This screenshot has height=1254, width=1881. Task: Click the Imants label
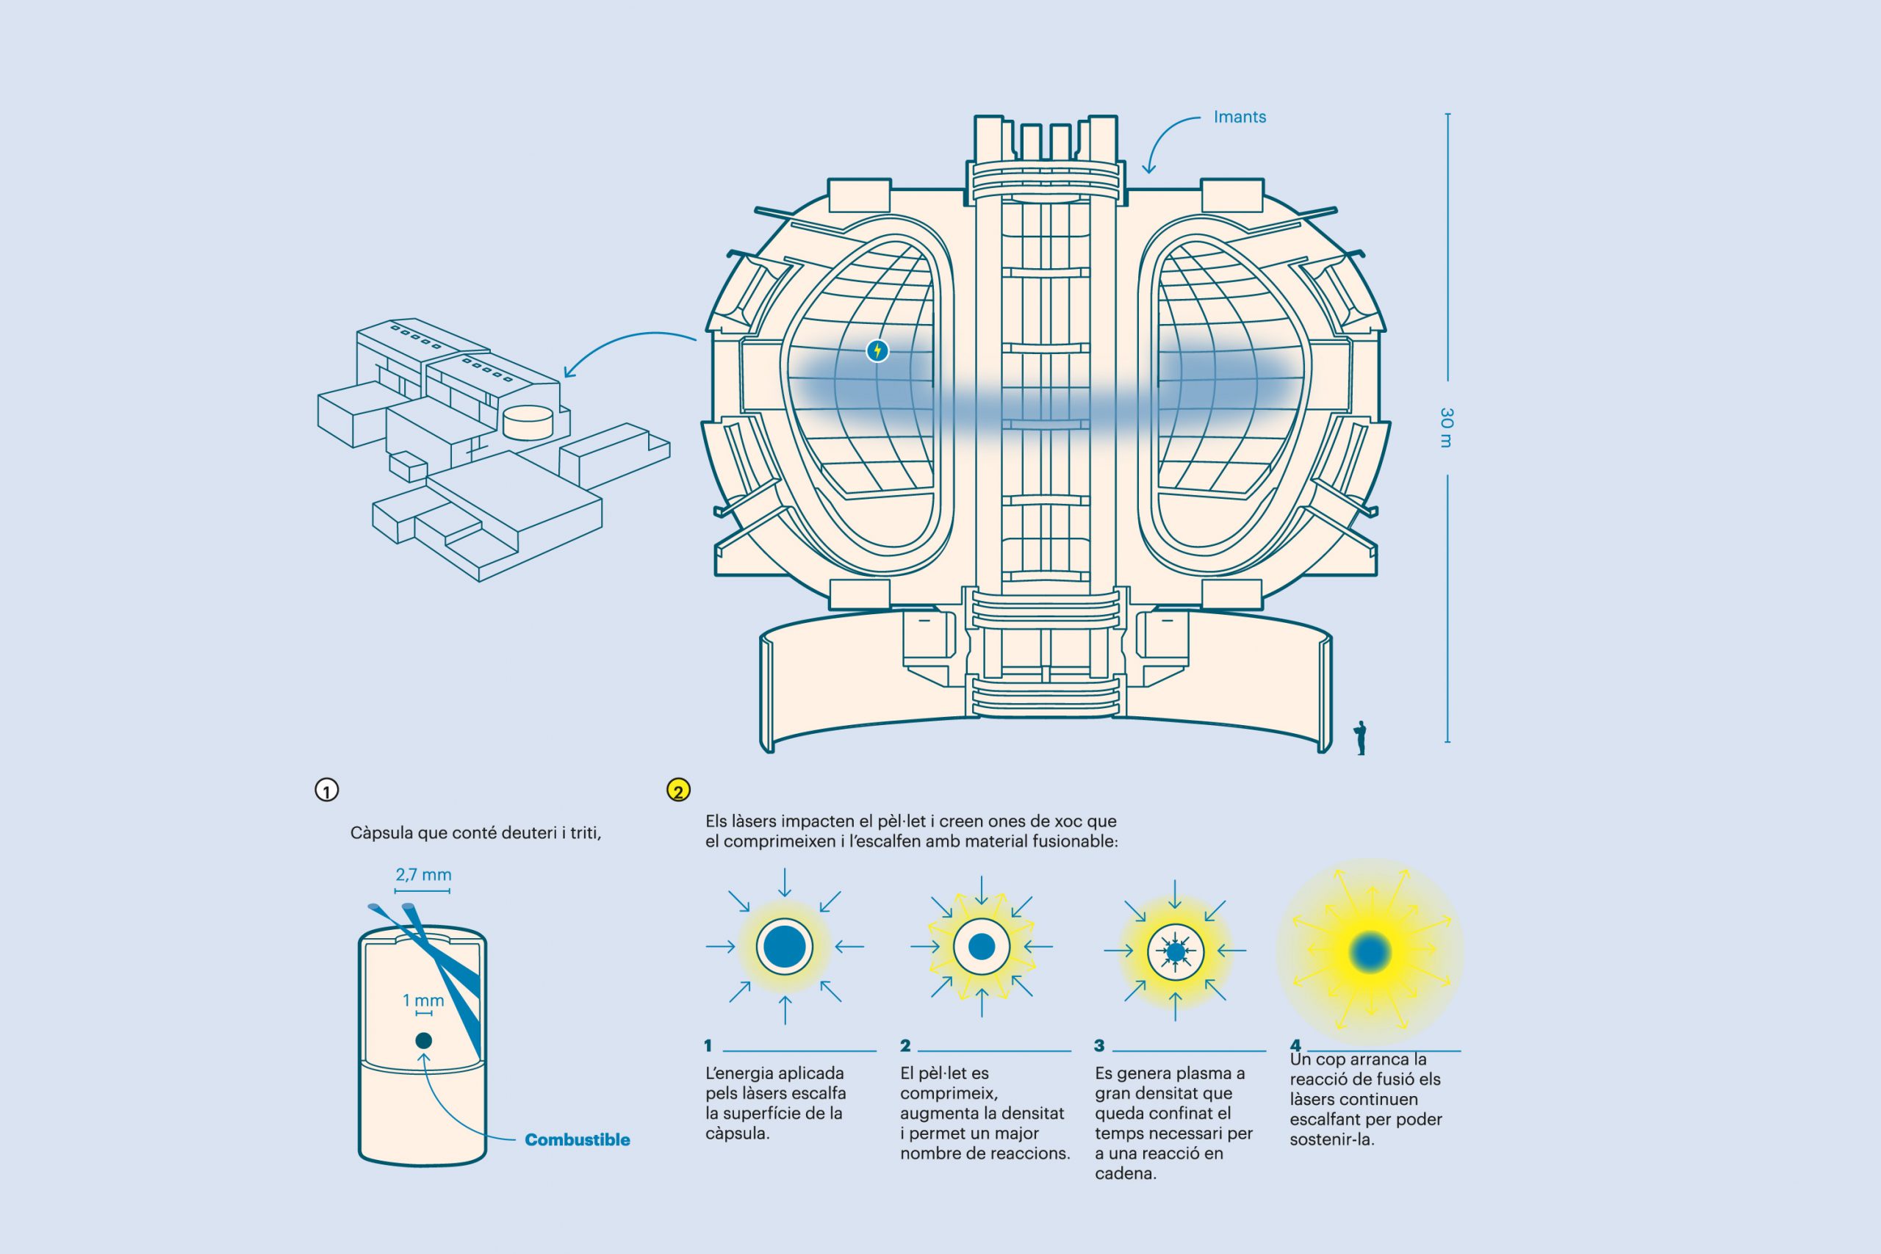(x=1240, y=117)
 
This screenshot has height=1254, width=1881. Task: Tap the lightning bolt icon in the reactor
(x=877, y=350)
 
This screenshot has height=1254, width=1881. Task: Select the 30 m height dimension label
(x=1446, y=428)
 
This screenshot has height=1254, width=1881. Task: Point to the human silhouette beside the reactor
(x=1359, y=738)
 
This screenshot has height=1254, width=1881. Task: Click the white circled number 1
(x=326, y=790)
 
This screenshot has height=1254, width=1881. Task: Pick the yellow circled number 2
(x=678, y=790)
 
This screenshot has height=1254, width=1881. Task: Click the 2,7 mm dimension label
(x=423, y=875)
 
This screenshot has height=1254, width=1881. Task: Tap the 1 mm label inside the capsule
(x=423, y=1001)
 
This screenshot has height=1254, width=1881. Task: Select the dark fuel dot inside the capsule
(x=424, y=1040)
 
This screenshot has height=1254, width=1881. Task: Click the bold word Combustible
(x=578, y=1139)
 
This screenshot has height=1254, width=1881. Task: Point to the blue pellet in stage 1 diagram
(x=785, y=947)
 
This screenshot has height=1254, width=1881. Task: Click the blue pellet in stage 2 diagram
(x=982, y=947)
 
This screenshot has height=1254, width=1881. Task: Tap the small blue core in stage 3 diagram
(x=1175, y=951)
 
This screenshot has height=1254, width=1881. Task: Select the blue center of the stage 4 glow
(x=1370, y=951)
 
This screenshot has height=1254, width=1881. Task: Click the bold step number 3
(x=1100, y=1045)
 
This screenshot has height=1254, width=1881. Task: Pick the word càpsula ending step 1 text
(x=736, y=1134)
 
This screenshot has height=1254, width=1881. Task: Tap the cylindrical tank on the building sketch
(x=528, y=422)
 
